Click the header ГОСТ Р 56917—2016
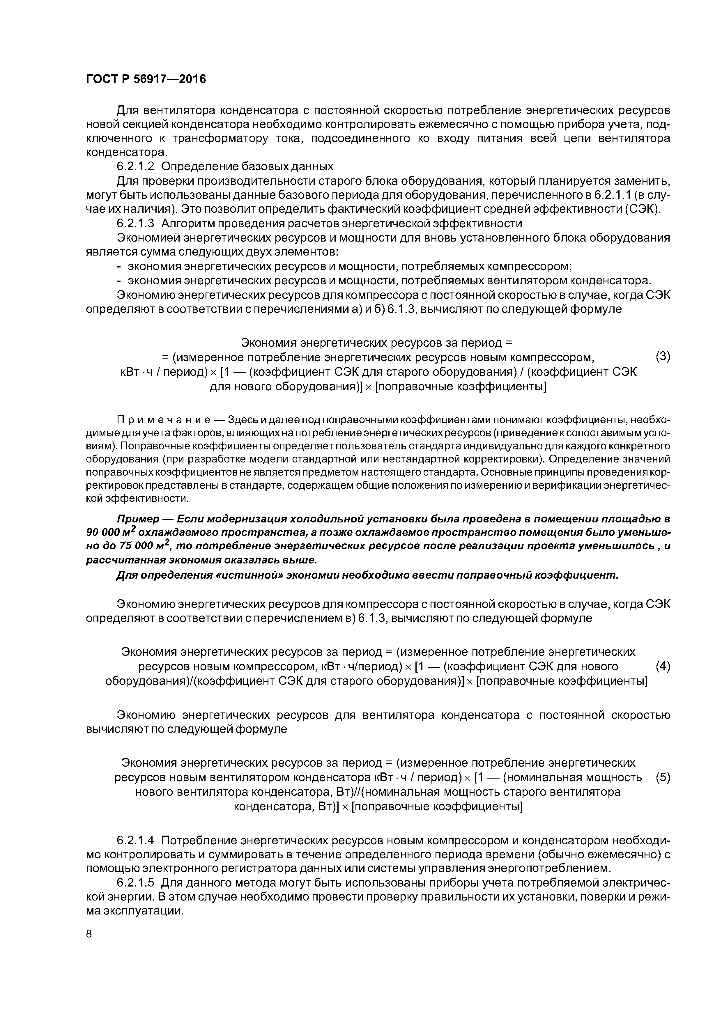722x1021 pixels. click(146, 79)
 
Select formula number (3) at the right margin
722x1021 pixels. click(663, 357)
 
